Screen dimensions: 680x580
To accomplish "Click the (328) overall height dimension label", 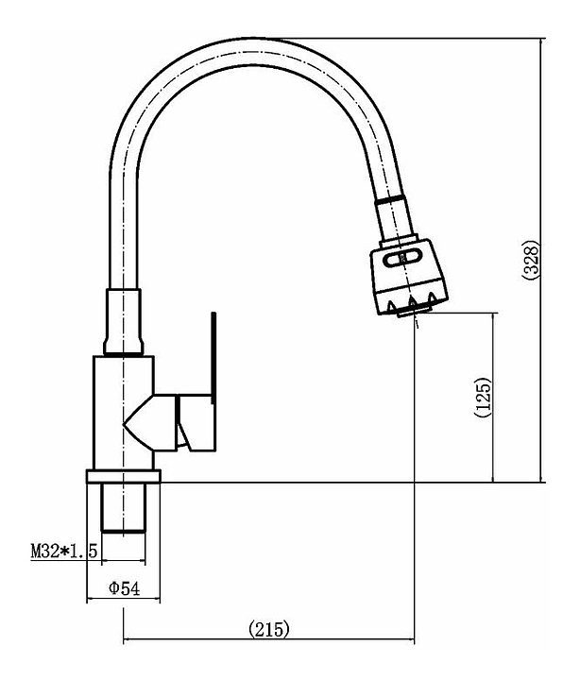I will coord(531,260).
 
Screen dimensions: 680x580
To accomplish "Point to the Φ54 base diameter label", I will coord(124,588).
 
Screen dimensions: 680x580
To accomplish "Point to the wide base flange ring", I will coord(123,477).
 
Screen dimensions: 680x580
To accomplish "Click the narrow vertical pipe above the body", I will coord(124,321).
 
